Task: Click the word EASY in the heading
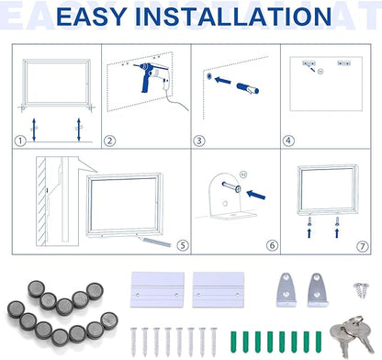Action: [92, 17]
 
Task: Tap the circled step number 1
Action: [20, 141]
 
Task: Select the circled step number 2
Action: [109, 141]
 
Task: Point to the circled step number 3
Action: [199, 141]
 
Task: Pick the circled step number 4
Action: [288, 141]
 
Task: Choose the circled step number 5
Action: [183, 245]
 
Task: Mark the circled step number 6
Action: [273, 245]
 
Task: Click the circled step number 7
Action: [363, 246]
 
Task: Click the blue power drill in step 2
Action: [151, 75]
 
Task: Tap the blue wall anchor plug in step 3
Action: [248, 88]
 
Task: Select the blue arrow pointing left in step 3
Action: [223, 81]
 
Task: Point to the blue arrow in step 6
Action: [256, 195]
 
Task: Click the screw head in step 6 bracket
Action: [238, 189]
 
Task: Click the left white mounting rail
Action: [157, 289]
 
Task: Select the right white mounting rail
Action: [219, 289]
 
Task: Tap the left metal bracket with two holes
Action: [286, 289]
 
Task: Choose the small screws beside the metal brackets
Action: [361, 289]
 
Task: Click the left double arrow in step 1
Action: [34, 129]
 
